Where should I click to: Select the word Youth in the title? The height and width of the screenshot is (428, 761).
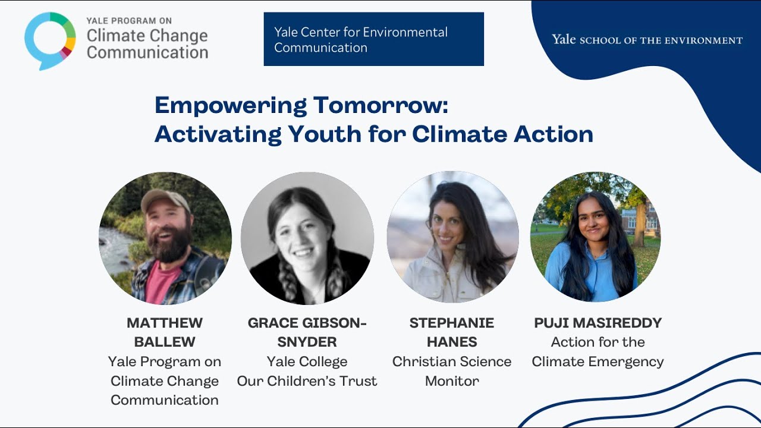(x=324, y=134)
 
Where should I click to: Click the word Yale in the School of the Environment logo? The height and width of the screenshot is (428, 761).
(x=563, y=39)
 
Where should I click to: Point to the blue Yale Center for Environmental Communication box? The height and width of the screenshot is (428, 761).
(x=374, y=39)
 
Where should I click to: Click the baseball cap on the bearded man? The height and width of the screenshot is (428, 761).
(x=165, y=200)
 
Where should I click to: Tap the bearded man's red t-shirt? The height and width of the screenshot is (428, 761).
(x=161, y=282)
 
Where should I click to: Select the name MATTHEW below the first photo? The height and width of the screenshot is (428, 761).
(x=165, y=323)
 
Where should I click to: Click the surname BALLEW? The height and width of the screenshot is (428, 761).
(x=165, y=342)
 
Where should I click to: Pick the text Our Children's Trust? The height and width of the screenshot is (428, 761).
(x=307, y=381)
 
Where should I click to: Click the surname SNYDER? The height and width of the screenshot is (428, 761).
(x=307, y=342)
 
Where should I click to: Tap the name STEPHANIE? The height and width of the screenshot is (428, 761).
(x=451, y=323)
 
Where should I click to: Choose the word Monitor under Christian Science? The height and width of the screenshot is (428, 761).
(x=452, y=381)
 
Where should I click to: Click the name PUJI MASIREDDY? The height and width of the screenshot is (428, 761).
(x=598, y=323)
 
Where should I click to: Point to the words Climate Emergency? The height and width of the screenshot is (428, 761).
(x=598, y=362)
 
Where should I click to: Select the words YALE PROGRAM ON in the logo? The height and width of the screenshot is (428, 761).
(x=129, y=21)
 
